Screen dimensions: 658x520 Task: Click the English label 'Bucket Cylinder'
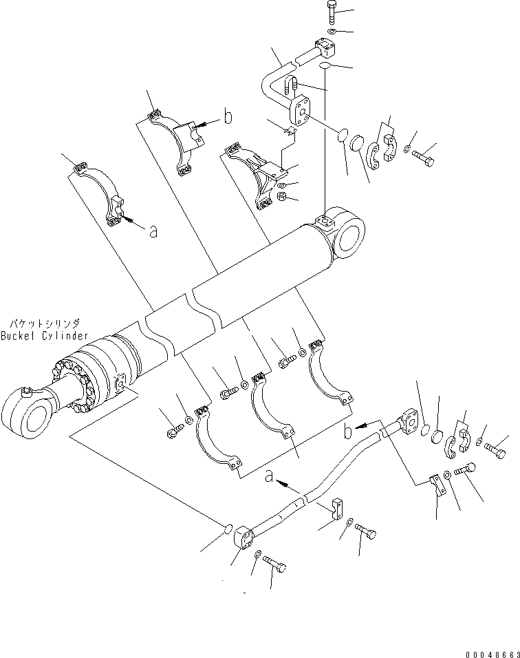pyautogui.click(x=45, y=335)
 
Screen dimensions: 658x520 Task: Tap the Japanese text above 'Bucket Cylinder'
pyautogui.click(x=45, y=322)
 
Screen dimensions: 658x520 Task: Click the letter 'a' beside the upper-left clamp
pyautogui.click(x=153, y=231)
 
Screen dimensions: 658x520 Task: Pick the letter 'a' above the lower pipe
pyautogui.click(x=268, y=475)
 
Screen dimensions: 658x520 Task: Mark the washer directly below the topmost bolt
pyautogui.click(x=332, y=32)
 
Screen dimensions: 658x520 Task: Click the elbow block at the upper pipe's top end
pyautogui.click(x=325, y=48)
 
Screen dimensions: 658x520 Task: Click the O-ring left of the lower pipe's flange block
pyautogui.click(x=226, y=528)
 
